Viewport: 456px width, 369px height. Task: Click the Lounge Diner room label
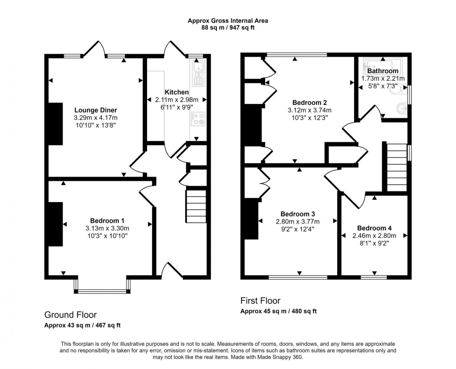pyautogui.click(x=96, y=110)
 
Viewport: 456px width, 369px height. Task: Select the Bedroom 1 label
pyautogui.click(x=107, y=220)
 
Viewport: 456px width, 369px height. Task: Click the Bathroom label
pyautogui.click(x=383, y=71)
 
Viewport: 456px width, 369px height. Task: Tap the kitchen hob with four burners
pyautogui.click(x=198, y=119)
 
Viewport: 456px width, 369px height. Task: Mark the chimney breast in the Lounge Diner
pyautogui.click(x=55, y=124)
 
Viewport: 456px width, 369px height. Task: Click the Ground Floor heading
pyautogui.click(x=70, y=315)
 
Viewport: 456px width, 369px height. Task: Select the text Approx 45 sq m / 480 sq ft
pyautogui.click(x=279, y=311)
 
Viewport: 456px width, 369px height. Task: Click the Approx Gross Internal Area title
pyautogui.click(x=228, y=21)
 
